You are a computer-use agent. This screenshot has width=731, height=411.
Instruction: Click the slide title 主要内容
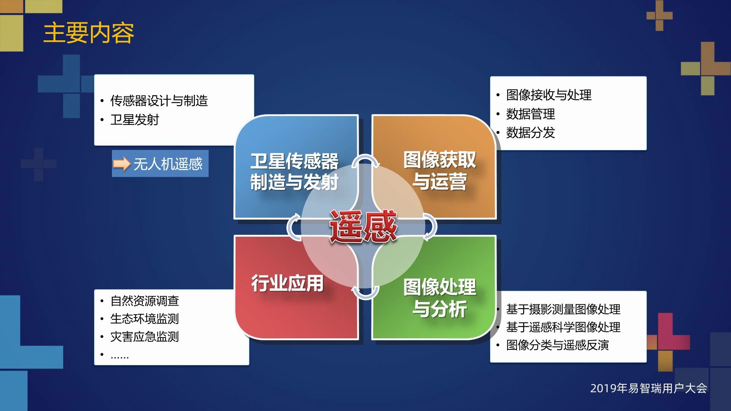click(88, 33)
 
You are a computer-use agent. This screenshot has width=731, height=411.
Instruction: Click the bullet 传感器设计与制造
click(159, 101)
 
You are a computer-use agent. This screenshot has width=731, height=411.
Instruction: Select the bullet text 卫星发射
click(135, 120)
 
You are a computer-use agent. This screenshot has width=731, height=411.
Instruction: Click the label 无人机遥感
click(168, 164)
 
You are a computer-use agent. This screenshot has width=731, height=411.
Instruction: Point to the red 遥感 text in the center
click(363, 226)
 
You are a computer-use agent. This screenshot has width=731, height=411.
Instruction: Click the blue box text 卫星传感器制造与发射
click(294, 171)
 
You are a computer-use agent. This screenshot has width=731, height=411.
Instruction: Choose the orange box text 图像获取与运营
click(440, 170)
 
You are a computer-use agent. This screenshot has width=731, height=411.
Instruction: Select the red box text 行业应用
click(287, 283)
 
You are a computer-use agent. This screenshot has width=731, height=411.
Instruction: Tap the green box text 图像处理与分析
click(440, 298)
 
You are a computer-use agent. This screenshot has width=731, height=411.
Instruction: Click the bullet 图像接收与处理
click(549, 95)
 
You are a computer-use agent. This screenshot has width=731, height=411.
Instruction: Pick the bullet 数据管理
click(531, 114)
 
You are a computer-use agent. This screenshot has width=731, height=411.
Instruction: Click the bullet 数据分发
click(531, 133)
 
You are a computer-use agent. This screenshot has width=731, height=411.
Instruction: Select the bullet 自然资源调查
click(145, 301)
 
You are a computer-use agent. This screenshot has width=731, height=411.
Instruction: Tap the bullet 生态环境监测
click(145, 319)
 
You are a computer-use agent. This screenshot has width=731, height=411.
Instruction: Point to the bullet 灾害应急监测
click(145, 337)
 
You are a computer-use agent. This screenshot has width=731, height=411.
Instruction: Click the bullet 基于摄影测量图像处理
click(563, 309)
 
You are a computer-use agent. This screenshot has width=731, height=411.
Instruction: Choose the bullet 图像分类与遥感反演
click(558, 345)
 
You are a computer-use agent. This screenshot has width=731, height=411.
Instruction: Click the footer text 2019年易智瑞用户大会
click(649, 388)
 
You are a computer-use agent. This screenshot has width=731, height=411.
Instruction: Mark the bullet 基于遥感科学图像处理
click(563, 327)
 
